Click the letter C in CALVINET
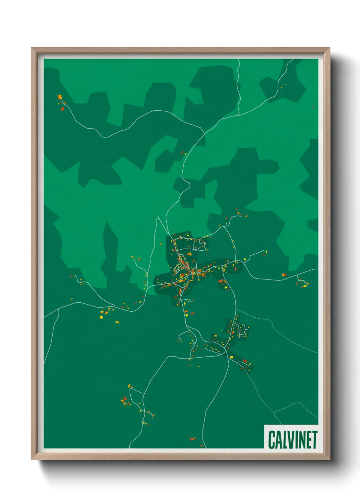click(272, 440)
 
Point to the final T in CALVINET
click(314, 440)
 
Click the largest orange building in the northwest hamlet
click(60, 97)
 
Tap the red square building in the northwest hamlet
click(62, 109)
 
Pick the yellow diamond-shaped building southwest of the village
click(101, 317)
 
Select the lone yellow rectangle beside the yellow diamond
click(117, 322)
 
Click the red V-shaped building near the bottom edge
click(193, 439)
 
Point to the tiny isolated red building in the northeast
click(312, 107)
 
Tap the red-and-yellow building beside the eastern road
click(284, 274)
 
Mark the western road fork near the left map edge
click(60, 309)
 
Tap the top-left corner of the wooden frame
click(32, 48)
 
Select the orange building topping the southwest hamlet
click(129, 386)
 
